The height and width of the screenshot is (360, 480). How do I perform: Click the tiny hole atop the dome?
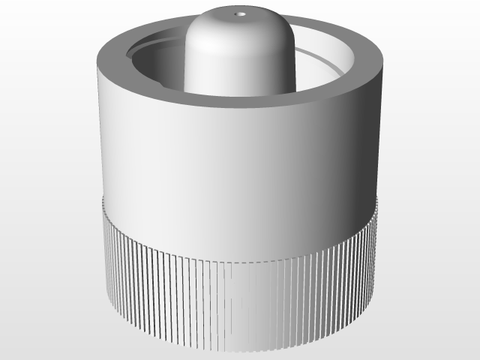pyautogui.click(x=240, y=13)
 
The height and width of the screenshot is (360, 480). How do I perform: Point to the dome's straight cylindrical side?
pyautogui.click(x=225, y=67)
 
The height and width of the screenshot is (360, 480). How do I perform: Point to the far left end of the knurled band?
pyautogui.click(x=106, y=255)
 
